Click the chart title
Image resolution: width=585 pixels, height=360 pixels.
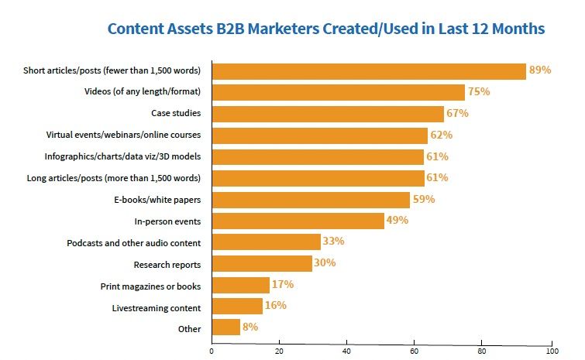pos(325,29)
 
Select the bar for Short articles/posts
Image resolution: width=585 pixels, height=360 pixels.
pos(368,71)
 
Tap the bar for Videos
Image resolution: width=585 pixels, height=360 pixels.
pos(338,92)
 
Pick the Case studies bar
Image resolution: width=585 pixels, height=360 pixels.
pos(327,114)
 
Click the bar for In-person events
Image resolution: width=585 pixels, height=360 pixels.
pos(298,221)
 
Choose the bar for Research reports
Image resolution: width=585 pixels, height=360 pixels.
pos(262,263)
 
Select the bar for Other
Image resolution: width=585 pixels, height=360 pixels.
pos(225,327)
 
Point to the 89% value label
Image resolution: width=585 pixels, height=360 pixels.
pos(539,70)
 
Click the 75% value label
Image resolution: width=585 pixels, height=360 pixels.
pos(480,92)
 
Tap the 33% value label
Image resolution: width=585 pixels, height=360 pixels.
pos(334,242)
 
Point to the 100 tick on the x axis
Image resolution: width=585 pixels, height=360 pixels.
pos(552,349)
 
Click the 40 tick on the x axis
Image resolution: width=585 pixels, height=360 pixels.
pos(346,349)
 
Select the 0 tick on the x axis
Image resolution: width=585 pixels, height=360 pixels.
pos(212,349)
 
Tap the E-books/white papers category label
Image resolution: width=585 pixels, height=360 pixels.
pos(157,200)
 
